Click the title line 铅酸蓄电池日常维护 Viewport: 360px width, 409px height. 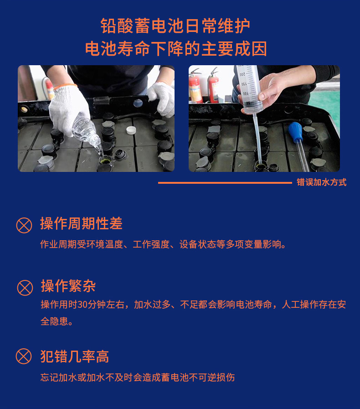[x=175, y=26]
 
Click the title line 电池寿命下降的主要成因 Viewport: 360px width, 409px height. [x=176, y=48]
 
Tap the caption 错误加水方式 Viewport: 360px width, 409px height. [x=321, y=182]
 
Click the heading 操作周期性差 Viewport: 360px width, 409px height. [x=81, y=223]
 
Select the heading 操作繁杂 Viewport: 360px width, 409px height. [x=68, y=286]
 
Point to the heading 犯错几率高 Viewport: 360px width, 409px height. [x=75, y=356]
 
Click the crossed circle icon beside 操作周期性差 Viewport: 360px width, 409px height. [x=24, y=225]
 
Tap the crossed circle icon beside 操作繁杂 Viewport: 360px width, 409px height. [x=25, y=288]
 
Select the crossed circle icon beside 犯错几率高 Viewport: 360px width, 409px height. [x=24, y=356]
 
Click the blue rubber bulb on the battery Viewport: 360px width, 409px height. [x=296, y=132]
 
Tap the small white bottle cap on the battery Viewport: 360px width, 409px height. [x=131, y=130]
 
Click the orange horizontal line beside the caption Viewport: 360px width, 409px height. [x=225, y=182]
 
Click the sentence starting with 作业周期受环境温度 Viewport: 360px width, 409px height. [x=163, y=244]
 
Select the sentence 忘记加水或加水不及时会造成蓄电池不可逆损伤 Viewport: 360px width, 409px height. [x=138, y=378]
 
